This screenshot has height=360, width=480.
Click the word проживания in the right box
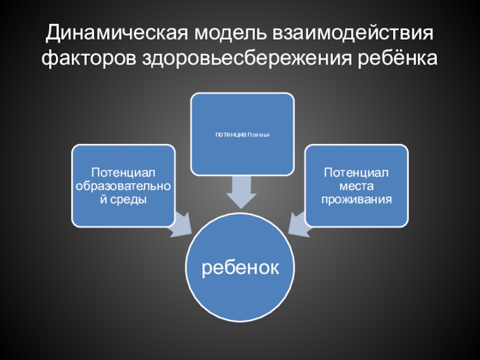[356, 199]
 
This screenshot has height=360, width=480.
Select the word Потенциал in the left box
[124, 173]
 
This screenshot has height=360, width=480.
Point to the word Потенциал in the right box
[356, 173]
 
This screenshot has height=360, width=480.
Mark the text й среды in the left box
[124, 199]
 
